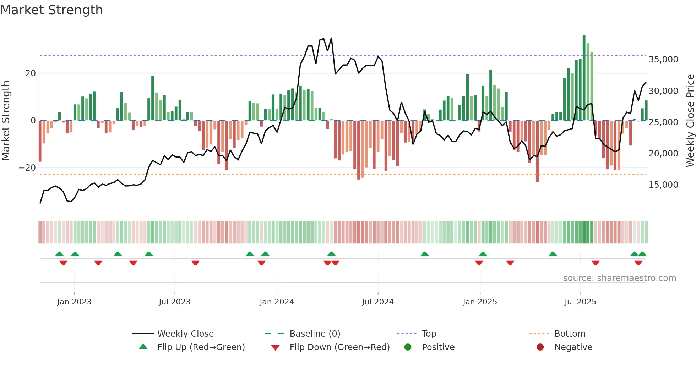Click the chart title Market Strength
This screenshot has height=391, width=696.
tap(51, 10)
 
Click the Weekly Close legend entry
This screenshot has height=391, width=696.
tap(185, 334)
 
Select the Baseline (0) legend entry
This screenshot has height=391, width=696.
tap(315, 334)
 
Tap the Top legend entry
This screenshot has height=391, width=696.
tap(429, 334)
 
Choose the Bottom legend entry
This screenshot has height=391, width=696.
tap(570, 334)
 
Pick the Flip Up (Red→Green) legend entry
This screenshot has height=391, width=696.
tap(201, 347)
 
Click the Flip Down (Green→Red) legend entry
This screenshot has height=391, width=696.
tap(339, 347)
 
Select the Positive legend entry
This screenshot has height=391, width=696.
tap(438, 347)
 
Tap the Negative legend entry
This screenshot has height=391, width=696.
tap(573, 347)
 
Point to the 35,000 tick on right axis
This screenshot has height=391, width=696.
tap(663, 60)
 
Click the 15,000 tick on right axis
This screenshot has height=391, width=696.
tap(663, 185)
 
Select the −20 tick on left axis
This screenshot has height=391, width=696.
tap(27, 168)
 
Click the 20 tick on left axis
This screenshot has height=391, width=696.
tap(31, 73)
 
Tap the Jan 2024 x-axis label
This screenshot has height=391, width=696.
tap(277, 302)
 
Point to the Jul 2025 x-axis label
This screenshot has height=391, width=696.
tap(580, 302)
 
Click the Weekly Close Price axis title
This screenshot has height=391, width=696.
tap(690, 121)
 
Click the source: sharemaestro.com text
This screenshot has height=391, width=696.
tap(619, 278)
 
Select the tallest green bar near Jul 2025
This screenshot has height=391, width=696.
tap(584, 78)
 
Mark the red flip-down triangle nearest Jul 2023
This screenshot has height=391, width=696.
tap(195, 263)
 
